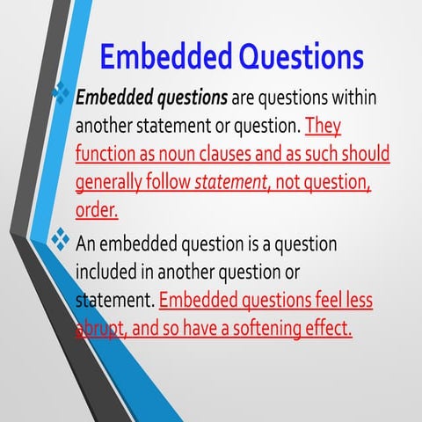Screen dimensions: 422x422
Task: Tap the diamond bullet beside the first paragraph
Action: (62, 93)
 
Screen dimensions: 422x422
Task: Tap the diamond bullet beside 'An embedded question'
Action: (62, 238)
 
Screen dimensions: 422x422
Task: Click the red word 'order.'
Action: (97, 212)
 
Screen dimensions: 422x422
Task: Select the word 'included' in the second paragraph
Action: (111, 271)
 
